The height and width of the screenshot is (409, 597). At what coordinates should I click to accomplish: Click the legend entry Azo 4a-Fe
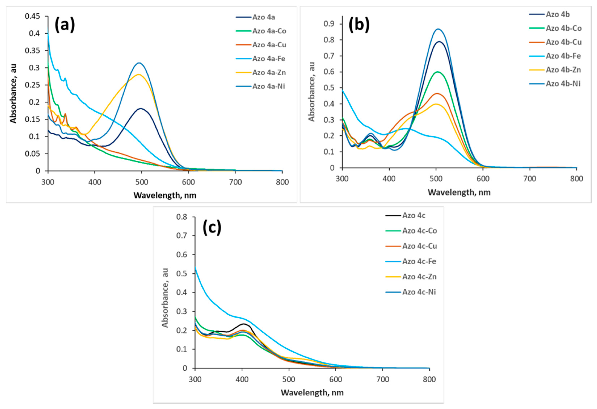point(268,59)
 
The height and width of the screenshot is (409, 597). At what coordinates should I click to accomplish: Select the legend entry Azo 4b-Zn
point(563,70)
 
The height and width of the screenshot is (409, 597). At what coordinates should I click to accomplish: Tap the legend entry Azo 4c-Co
point(419,231)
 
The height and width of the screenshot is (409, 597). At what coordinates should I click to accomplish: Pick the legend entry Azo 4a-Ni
point(268,86)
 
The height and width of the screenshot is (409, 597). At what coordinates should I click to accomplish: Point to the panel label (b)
point(359,25)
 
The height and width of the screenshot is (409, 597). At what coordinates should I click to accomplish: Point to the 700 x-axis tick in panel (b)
point(530,179)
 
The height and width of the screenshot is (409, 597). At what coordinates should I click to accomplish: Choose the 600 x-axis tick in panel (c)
point(336,379)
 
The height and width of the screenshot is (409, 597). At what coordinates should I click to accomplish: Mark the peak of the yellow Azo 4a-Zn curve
point(139,75)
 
